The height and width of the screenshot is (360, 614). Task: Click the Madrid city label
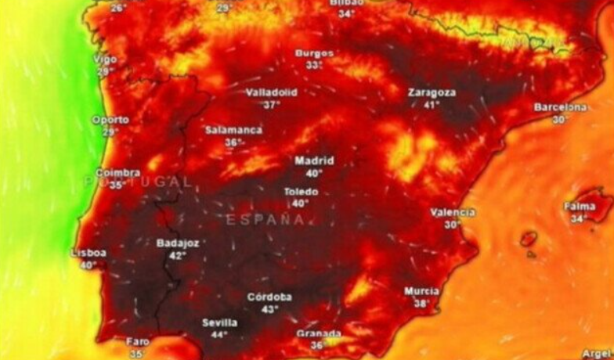314,160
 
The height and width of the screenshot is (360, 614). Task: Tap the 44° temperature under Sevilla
219,335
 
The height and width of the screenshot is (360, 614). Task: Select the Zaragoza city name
432,92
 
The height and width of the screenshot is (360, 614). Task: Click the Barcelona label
560,107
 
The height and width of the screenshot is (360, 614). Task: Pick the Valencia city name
453,212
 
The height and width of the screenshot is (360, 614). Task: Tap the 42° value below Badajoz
178,255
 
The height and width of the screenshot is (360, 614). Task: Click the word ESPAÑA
265,220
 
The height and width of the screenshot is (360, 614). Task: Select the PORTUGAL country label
137,182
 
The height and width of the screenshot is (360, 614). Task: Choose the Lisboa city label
88,253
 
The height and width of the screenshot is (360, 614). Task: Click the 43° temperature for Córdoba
269,309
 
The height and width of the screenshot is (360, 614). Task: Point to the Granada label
319,333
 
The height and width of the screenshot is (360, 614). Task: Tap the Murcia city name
421,291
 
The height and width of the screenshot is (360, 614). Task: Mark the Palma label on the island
580,207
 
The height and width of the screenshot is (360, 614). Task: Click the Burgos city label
314,53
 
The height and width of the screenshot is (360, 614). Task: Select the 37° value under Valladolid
272,104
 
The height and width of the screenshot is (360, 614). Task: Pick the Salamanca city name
233,131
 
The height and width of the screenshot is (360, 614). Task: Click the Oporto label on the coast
110,120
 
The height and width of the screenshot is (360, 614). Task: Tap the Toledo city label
301,192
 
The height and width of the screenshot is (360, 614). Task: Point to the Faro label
137,341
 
